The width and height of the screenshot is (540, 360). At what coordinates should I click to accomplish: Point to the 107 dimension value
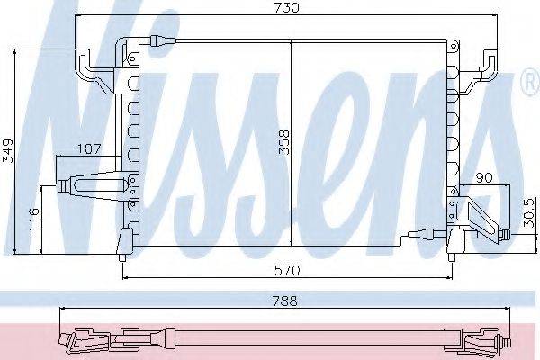(89, 148)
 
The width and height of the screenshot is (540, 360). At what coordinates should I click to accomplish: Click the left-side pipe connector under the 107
(90, 186)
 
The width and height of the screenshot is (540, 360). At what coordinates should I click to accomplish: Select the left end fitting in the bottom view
(81, 341)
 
